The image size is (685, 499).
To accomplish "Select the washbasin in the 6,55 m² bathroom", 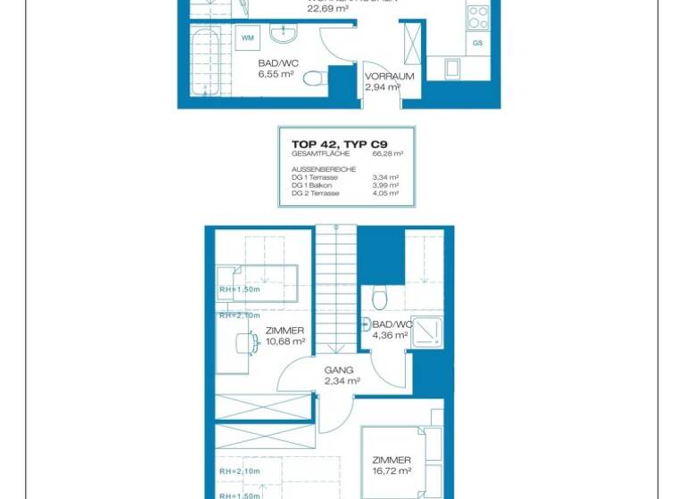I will pyautogui.click(x=285, y=35).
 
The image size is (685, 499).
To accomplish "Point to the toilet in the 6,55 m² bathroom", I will pyautogui.click(x=313, y=78).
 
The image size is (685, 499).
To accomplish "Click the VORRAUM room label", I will pyautogui.click(x=390, y=77).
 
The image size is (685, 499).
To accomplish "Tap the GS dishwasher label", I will pyautogui.click(x=478, y=43).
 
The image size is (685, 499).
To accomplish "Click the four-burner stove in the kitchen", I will pyautogui.click(x=478, y=15).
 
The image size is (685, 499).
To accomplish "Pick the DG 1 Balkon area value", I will pyautogui.click(x=385, y=185).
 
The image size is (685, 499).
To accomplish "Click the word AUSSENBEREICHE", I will pyautogui.click(x=324, y=168).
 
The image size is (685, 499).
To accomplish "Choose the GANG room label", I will pyautogui.click(x=339, y=370).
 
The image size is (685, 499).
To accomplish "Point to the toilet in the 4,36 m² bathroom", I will pyautogui.click(x=380, y=296).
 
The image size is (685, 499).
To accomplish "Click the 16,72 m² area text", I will pyautogui.click(x=392, y=470).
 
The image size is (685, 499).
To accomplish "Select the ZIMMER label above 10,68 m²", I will pyautogui.click(x=285, y=331).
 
